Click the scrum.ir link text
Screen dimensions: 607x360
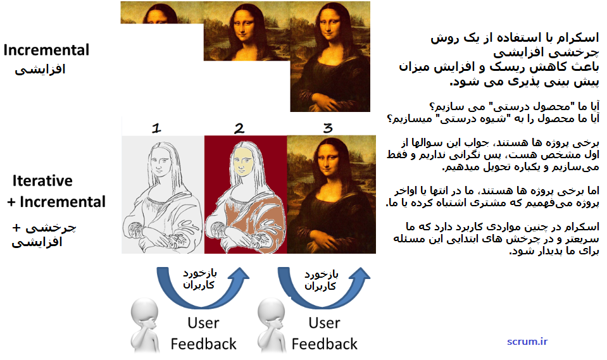tap(527, 342)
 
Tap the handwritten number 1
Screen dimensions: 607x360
tap(156, 128)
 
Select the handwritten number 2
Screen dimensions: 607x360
tap(239, 128)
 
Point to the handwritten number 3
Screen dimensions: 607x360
tap(328, 128)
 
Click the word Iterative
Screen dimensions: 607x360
tap(42, 181)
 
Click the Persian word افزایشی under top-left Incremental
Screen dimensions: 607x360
tap(40, 70)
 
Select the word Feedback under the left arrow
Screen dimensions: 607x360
tap(204, 344)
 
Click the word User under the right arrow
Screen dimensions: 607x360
tap(325, 323)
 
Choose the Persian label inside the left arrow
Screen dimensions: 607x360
tap(199, 279)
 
